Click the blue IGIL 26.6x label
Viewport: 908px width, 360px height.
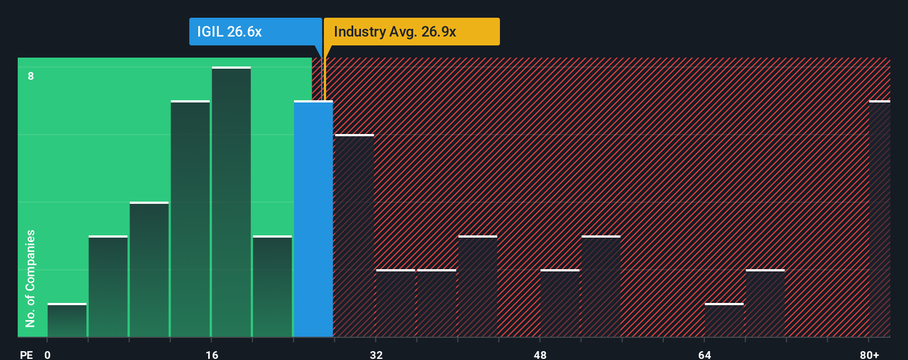pyautogui.click(x=255, y=32)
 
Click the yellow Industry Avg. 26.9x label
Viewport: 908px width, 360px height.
pyautogui.click(x=411, y=32)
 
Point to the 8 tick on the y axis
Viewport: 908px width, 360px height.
pyautogui.click(x=31, y=76)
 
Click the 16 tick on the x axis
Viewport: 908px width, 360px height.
pyautogui.click(x=211, y=354)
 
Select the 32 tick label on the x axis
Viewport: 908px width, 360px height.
pyautogui.click(x=376, y=354)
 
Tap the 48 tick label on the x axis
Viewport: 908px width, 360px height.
pyautogui.click(x=540, y=354)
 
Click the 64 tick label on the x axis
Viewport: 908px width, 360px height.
pyautogui.click(x=704, y=354)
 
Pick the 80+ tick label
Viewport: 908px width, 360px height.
pyautogui.click(x=869, y=354)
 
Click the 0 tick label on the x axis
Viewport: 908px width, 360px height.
pyautogui.click(x=48, y=354)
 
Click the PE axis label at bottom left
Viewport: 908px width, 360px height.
pyautogui.click(x=26, y=354)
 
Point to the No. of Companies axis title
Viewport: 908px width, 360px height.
pyautogui.click(x=30, y=278)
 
